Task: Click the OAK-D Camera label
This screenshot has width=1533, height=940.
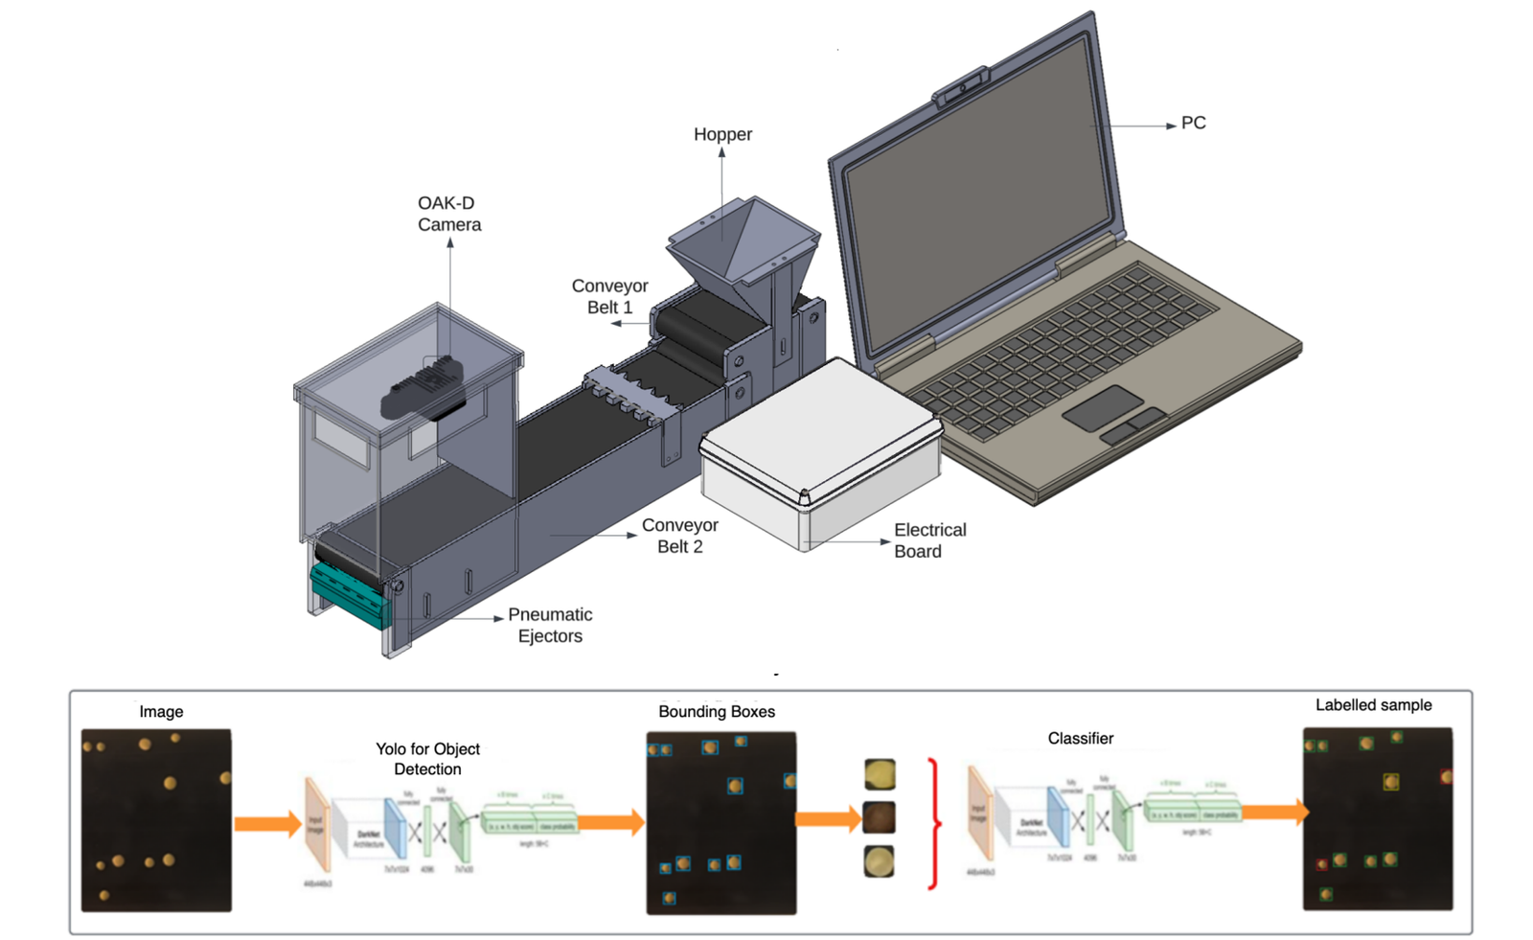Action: (x=448, y=214)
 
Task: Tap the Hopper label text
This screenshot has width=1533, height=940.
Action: (x=722, y=134)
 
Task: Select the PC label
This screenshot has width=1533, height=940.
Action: (x=1193, y=123)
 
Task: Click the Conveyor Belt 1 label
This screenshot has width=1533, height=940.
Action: (x=609, y=296)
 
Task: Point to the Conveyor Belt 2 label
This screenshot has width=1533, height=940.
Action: (x=679, y=536)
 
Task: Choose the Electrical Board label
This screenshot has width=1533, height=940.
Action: (x=929, y=540)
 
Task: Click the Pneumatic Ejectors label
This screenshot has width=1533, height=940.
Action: (x=550, y=625)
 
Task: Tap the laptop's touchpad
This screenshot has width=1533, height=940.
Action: (x=1102, y=408)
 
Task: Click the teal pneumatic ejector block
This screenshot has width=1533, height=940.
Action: (x=348, y=594)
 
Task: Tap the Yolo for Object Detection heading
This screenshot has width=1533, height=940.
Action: (x=427, y=759)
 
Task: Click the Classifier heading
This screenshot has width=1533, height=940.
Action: (x=1080, y=738)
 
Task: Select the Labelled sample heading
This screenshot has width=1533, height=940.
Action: (x=1373, y=705)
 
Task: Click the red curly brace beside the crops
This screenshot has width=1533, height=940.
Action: (x=933, y=823)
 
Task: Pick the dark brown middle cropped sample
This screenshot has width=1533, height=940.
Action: (x=880, y=817)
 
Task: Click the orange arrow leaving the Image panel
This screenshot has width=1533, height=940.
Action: (x=267, y=823)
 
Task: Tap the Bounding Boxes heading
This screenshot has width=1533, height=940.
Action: (x=716, y=711)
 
